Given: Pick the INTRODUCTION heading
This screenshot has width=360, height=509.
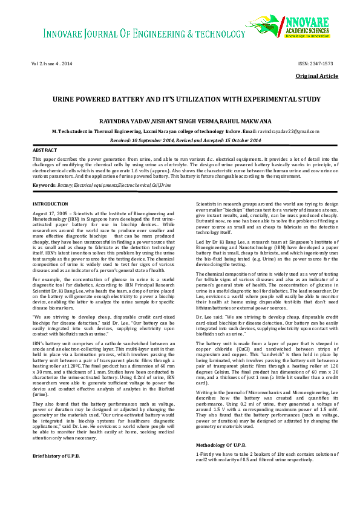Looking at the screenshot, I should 50,204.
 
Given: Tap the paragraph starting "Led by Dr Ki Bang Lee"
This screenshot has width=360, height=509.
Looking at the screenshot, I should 269,250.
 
